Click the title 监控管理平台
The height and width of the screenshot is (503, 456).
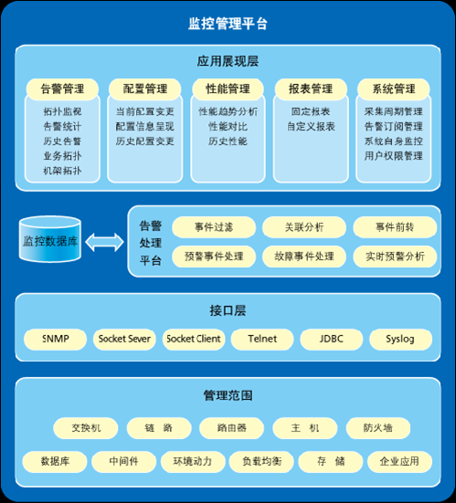(x=228, y=24)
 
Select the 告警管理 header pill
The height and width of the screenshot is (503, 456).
(x=62, y=89)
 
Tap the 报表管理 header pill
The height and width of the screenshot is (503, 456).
(x=311, y=89)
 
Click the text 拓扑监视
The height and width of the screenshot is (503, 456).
(x=62, y=111)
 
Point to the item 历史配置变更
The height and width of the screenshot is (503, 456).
(x=144, y=141)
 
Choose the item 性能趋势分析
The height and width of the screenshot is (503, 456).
(x=228, y=111)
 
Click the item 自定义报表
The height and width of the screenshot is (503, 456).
(x=311, y=126)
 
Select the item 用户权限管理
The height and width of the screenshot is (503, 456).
(x=393, y=156)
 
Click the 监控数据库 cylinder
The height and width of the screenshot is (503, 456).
(x=50, y=239)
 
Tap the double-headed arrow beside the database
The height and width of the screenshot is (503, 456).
(x=104, y=242)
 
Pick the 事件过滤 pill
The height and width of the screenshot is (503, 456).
(x=214, y=227)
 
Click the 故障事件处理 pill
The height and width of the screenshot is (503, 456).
(x=304, y=257)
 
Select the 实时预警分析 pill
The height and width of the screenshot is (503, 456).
(x=395, y=257)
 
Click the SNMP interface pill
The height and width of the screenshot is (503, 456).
(x=55, y=339)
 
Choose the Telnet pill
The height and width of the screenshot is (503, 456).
(x=262, y=339)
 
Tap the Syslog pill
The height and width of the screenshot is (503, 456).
(x=400, y=339)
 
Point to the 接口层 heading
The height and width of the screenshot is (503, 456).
(x=228, y=310)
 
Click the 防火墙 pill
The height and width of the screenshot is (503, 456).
(x=378, y=428)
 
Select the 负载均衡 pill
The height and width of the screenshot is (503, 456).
(x=261, y=462)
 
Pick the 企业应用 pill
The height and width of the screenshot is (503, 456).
(x=400, y=462)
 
